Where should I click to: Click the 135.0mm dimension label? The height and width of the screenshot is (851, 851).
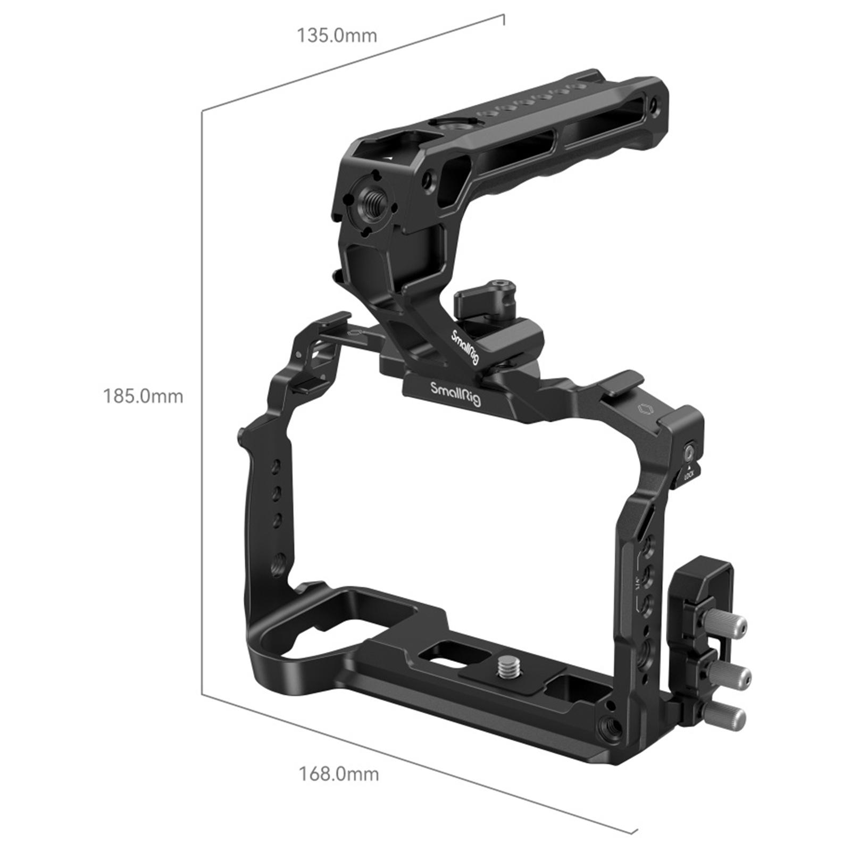coord(337,36)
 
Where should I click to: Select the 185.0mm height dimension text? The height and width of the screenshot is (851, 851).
coord(143,396)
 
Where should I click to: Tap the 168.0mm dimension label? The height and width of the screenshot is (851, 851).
coord(339,774)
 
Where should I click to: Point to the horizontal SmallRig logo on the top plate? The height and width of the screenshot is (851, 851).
coord(455,394)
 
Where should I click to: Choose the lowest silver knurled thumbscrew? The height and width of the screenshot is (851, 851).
coord(725,717)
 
